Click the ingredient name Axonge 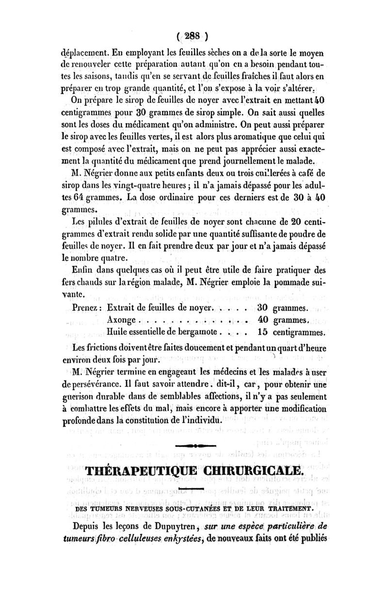pyautogui.click(x=122, y=320)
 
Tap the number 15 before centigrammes pyautogui.click(x=263, y=332)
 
